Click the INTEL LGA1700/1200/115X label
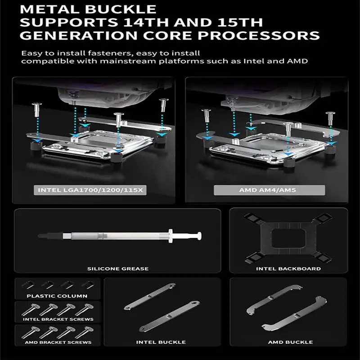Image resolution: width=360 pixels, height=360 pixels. tap(90, 190)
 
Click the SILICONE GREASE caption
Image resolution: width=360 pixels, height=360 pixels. tap(118, 269)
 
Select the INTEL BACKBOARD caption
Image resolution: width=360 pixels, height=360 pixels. tap(288, 269)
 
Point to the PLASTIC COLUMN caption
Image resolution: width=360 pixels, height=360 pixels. tap(57, 296)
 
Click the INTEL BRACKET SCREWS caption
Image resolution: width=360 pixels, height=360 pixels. tap(58, 319)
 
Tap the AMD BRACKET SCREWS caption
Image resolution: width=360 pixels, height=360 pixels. tap(58, 342)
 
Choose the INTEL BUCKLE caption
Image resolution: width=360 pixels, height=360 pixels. tap(161, 342)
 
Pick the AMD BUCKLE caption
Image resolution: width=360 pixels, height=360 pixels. tap(290, 342)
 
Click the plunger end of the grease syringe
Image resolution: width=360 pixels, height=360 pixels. tap(199, 236)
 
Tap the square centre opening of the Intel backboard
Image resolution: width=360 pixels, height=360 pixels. tap(288, 239)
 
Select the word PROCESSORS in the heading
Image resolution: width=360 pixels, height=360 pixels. tap(259, 36)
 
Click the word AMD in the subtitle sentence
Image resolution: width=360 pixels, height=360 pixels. tap(297, 61)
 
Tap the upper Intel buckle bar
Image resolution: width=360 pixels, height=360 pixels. tap(150, 297)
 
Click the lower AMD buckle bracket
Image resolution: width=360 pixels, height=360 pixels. tap(295, 314)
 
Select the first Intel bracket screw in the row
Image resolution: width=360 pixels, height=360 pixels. tap(31, 309)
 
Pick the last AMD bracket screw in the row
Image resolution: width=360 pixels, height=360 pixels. tap(84, 332)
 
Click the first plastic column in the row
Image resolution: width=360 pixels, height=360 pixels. tap(27, 285)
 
